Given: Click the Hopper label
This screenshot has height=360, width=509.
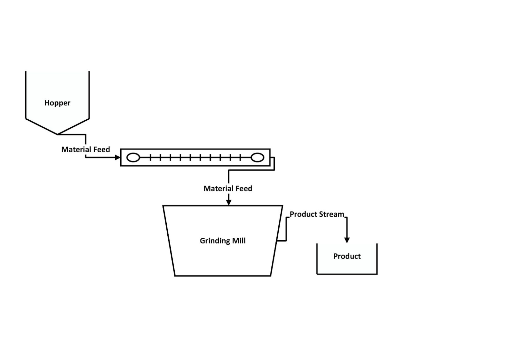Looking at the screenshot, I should (x=57, y=103).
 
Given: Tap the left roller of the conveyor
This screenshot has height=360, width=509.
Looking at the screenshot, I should (x=133, y=157).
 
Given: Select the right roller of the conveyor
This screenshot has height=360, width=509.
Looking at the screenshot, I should (x=257, y=157).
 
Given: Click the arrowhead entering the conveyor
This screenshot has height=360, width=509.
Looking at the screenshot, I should (x=118, y=157).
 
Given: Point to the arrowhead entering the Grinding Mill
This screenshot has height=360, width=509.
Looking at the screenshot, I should (x=229, y=203).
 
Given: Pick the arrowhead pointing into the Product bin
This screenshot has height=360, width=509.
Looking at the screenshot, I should (x=347, y=240).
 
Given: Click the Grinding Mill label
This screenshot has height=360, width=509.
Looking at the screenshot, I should (x=223, y=241).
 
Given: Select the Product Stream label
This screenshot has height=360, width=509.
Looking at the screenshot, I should (x=317, y=214).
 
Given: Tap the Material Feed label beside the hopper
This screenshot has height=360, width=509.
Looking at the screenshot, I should (x=85, y=150).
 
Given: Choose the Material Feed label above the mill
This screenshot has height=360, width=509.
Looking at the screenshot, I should (x=228, y=189).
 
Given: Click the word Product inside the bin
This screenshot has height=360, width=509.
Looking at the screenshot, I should (x=347, y=256).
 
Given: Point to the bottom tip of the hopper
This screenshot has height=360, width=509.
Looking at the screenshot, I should (x=57, y=134).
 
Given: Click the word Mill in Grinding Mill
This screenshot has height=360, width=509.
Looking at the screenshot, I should (x=239, y=241).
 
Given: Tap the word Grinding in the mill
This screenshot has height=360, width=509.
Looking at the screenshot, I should (x=215, y=241).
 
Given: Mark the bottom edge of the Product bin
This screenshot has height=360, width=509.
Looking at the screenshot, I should (x=347, y=274).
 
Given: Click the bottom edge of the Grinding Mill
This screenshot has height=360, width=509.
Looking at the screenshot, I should (x=223, y=276).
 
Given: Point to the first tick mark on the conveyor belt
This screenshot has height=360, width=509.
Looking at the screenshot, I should (x=150, y=157).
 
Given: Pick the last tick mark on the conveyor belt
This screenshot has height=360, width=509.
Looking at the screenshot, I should (x=240, y=157).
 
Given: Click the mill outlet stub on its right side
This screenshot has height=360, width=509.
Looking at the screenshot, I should (x=282, y=241).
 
